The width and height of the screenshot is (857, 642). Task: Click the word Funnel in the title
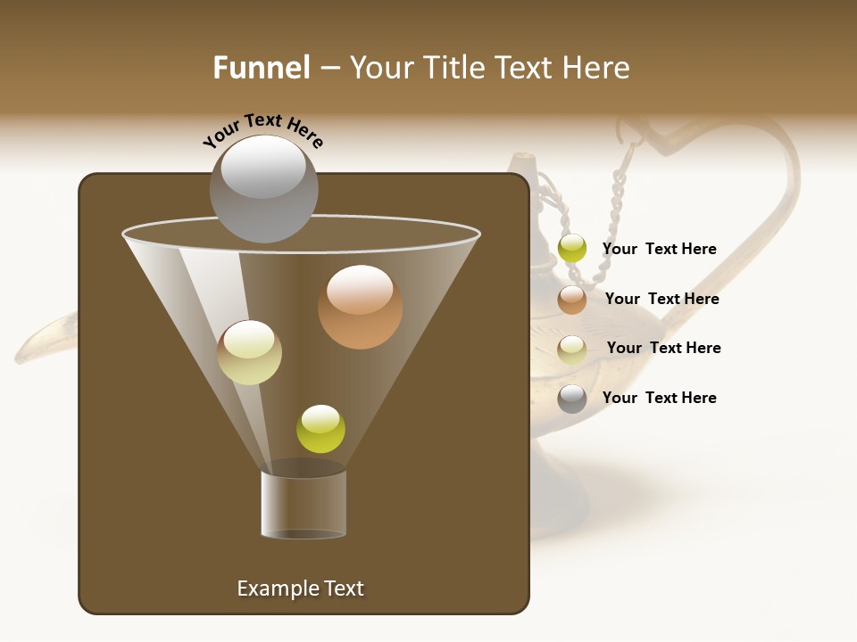(261, 68)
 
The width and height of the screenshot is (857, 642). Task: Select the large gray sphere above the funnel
(263, 189)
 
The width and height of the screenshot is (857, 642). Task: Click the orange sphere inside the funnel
(360, 307)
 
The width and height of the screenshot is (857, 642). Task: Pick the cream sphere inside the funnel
(249, 352)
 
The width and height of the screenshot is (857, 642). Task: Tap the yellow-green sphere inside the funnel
(320, 429)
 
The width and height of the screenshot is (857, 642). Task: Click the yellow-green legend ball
(572, 249)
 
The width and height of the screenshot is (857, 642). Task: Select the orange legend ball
(572, 299)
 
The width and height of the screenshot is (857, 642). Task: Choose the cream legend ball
(572, 349)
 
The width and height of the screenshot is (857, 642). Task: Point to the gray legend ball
(572, 399)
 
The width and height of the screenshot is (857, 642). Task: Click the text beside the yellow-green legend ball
(659, 249)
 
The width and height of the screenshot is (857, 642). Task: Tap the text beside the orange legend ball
(661, 299)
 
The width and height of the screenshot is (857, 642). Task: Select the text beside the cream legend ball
(663, 348)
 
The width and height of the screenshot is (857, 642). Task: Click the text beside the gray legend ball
(659, 398)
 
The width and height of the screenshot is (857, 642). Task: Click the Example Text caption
(300, 588)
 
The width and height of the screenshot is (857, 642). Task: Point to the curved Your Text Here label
(262, 130)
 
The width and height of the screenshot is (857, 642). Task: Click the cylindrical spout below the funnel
(304, 504)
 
